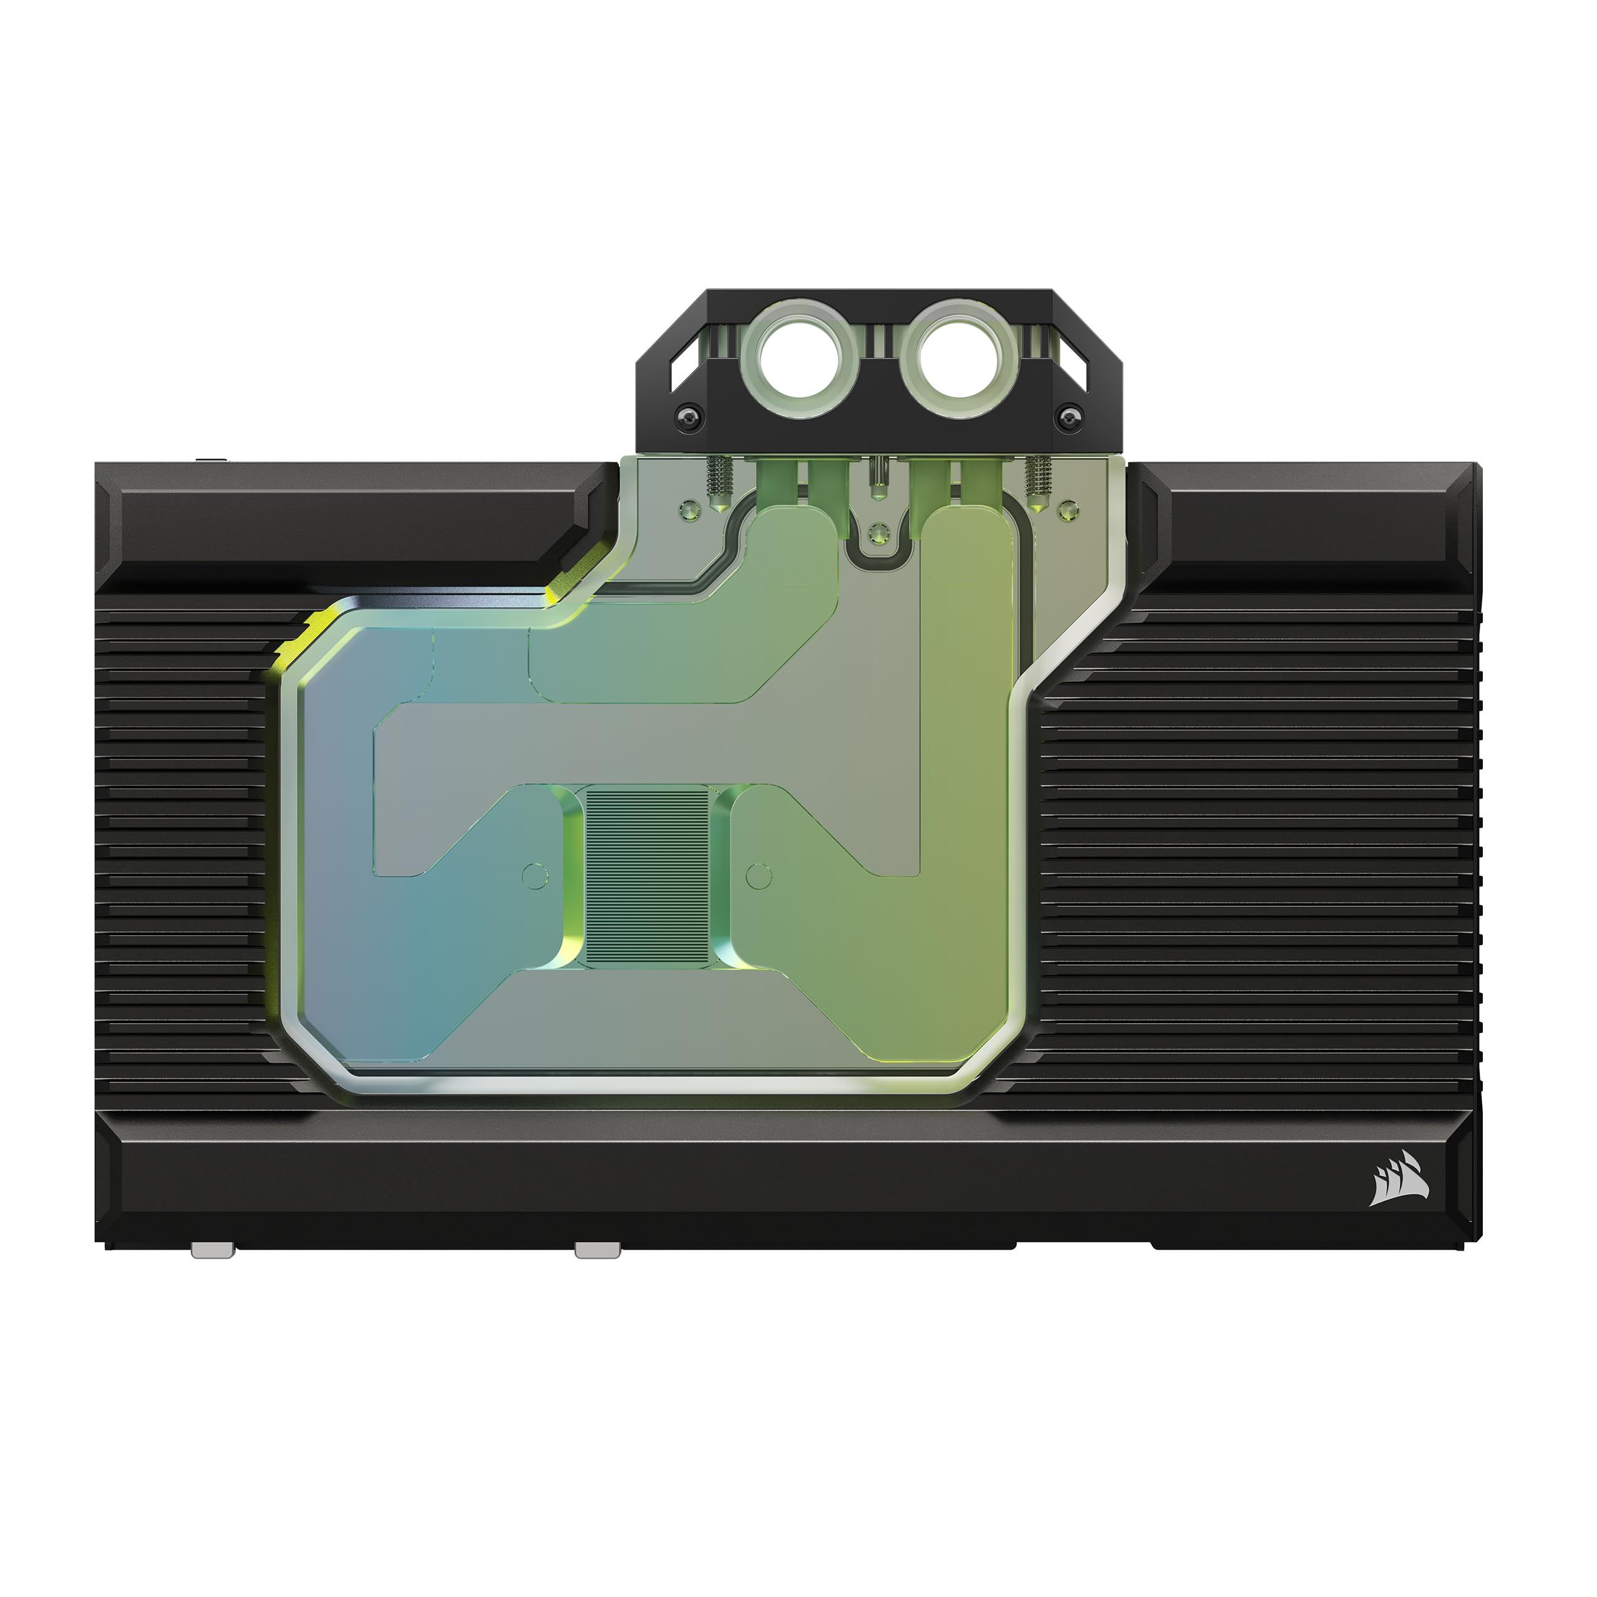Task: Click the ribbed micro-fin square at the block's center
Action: pyautogui.click(x=648, y=876)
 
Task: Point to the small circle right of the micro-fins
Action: pyautogui.click(x=758, y=876)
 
